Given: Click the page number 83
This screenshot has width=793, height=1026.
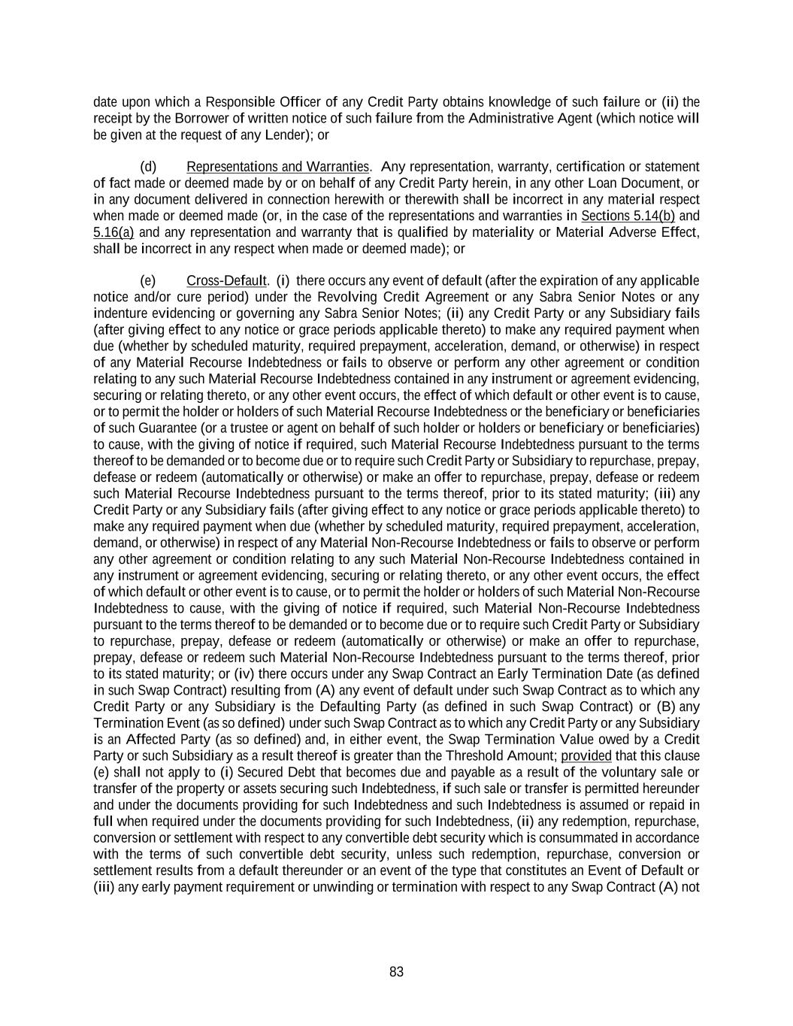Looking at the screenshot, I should pos(396,972).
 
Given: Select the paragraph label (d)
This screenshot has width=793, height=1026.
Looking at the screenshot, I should pos(148,166).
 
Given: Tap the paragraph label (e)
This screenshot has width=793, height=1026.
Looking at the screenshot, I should pos(148,280).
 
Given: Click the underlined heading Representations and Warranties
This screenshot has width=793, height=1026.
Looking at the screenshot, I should pos(277,166).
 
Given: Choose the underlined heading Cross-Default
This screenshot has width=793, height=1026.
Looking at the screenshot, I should pos(226,280).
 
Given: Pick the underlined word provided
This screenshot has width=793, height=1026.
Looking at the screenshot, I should pos(586,755).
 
